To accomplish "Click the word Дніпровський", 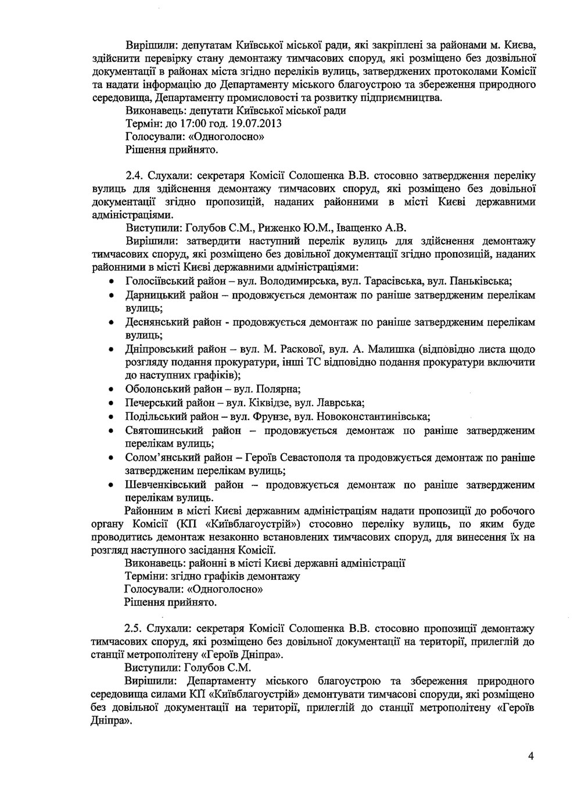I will (x=155, y=349).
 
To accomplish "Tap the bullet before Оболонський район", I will (x=111, y=389).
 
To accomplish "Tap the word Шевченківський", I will (x=162, y=484).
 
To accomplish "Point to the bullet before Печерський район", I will (x=111, y=402).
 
